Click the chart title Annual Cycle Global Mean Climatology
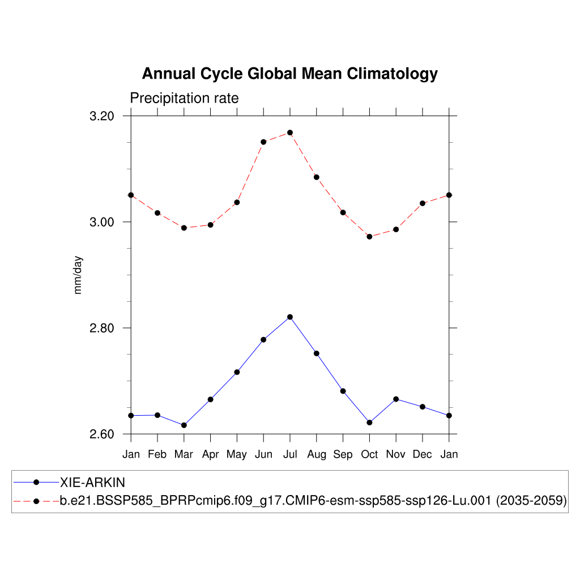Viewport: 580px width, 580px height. pos(289,74)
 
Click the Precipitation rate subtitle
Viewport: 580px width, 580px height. pos(184,98)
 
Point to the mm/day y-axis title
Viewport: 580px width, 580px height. pos(78,275)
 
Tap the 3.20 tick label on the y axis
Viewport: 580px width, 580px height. pos(103,116)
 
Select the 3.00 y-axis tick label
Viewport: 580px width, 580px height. pos(103,222)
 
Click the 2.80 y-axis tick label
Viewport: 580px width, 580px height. pos(103,329)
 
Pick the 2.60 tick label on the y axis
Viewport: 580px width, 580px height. pos(103,434)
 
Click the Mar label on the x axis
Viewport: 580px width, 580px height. pos(184,454)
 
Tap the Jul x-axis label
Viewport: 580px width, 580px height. pos(290,454)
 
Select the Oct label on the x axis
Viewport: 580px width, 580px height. pos(369,454)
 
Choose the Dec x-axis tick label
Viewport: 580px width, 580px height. pos(423,454)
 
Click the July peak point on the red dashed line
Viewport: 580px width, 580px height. pos(290,133)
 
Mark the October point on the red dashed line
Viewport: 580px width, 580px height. pos(369,237)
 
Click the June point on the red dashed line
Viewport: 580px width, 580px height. pos(263,142)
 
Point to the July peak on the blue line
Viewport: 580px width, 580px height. pos(290,317)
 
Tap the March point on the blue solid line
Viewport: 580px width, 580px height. pos(184,425)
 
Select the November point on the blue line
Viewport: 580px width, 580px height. pos(396,399)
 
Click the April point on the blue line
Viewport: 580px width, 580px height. pos(210,399)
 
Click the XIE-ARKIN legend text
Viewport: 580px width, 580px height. pos(92,483)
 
